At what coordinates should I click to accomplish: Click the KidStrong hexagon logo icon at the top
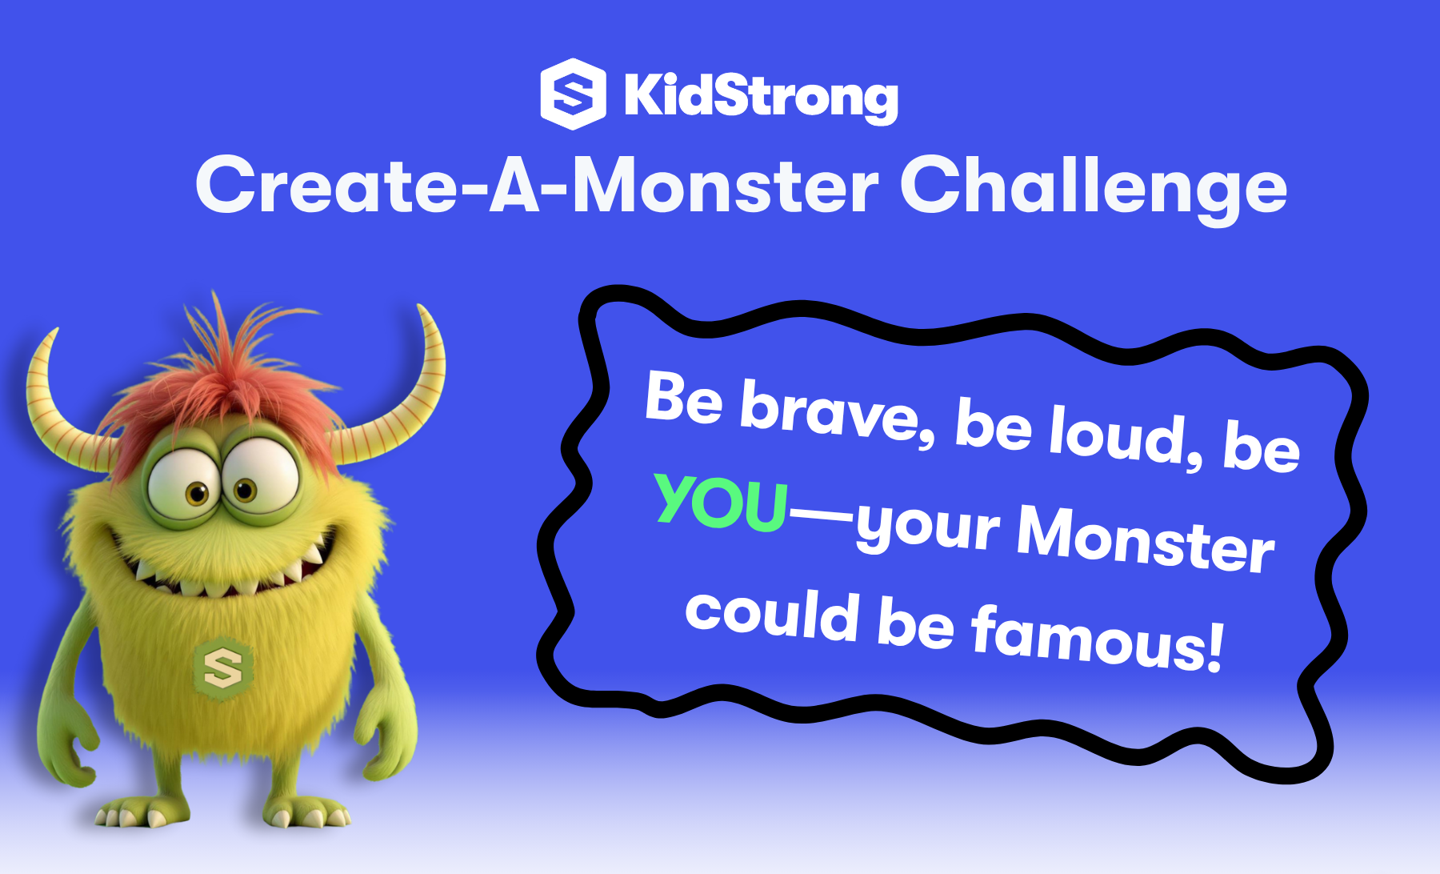pyautogui.click(x=573, y=94)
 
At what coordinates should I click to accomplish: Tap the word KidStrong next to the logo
pyautogui.click(x=761, y=97)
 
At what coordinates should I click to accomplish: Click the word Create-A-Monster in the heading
pyautogui.click(x=537, y=185)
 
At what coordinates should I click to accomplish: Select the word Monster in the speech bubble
pyautogui.click(x=1145, y=540)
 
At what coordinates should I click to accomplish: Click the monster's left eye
pyautogui.click(x=185, y=484)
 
